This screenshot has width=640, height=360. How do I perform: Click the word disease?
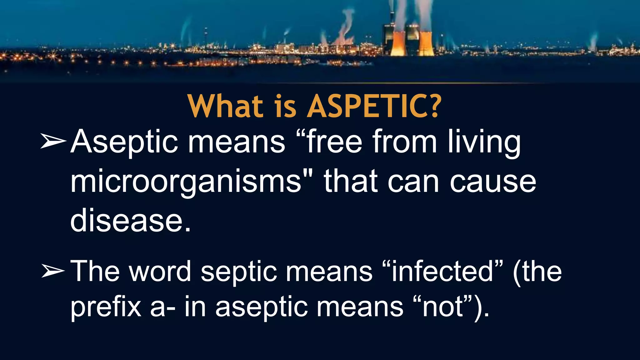coord(131,221)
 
